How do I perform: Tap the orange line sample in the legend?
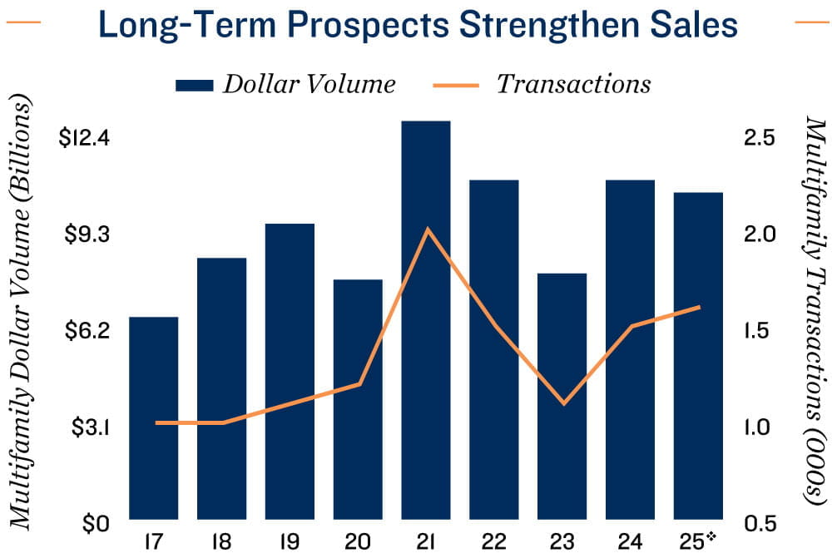456,84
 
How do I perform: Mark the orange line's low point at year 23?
564,404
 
